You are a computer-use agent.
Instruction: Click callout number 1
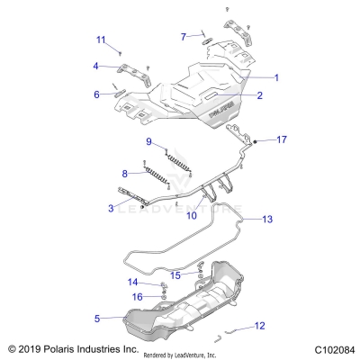click(276, 78)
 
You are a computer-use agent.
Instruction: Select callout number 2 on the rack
click(258, 95)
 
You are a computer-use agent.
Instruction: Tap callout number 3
click(110, 209)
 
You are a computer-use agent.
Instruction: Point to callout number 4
click(95, 66)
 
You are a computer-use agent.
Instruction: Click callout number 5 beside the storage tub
click(96, 318)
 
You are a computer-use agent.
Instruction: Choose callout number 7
click(183, 36)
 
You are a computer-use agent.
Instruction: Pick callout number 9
click(149, 142)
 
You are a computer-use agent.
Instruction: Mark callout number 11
click(101, 39)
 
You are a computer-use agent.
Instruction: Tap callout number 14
click(132, 283)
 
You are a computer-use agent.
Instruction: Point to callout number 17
click(282, 139)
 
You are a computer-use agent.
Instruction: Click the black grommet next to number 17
click(257, 142)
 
